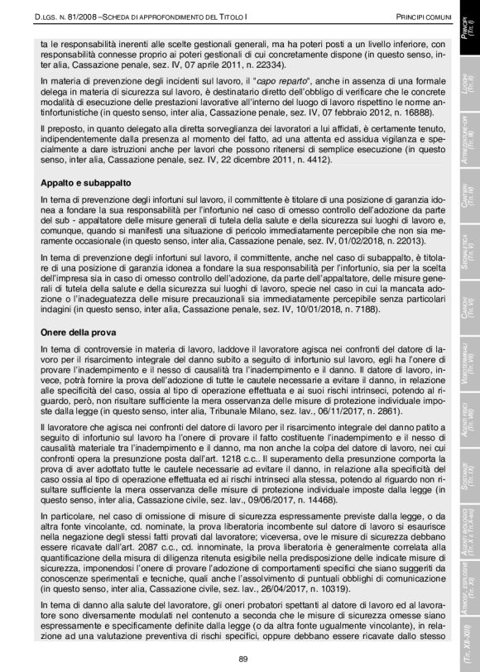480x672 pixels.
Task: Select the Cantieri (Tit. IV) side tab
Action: [464, 194]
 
